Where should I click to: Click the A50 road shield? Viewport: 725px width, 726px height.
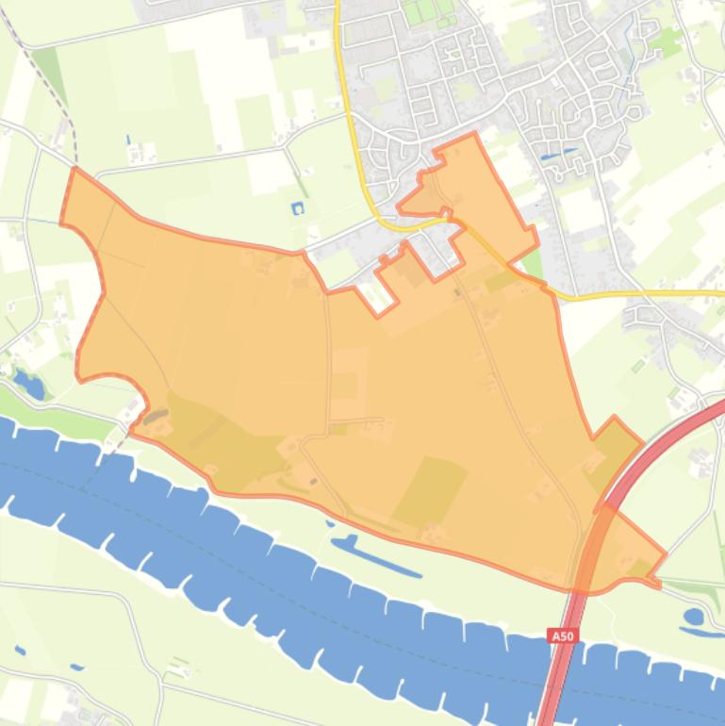pyautogui.click(x=562, y=636)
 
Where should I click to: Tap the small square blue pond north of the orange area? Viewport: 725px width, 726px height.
pyautogui.click(x=298, y=207)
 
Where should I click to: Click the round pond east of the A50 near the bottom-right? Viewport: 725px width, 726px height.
pyautogui.click(x=694, y=617)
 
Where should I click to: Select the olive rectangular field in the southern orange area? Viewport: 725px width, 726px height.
pyautogui.click(x=430, y=491)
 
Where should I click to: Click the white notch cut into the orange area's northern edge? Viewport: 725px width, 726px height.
pyautogui.click(x=378, y=295)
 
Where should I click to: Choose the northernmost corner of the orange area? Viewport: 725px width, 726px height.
pyautogui.click(x=472, y=135)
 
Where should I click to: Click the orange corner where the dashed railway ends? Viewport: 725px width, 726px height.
pyautogui.click(x=74, y=169)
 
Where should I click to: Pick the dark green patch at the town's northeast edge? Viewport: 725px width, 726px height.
pyautogui.click(x=669, y=41)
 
